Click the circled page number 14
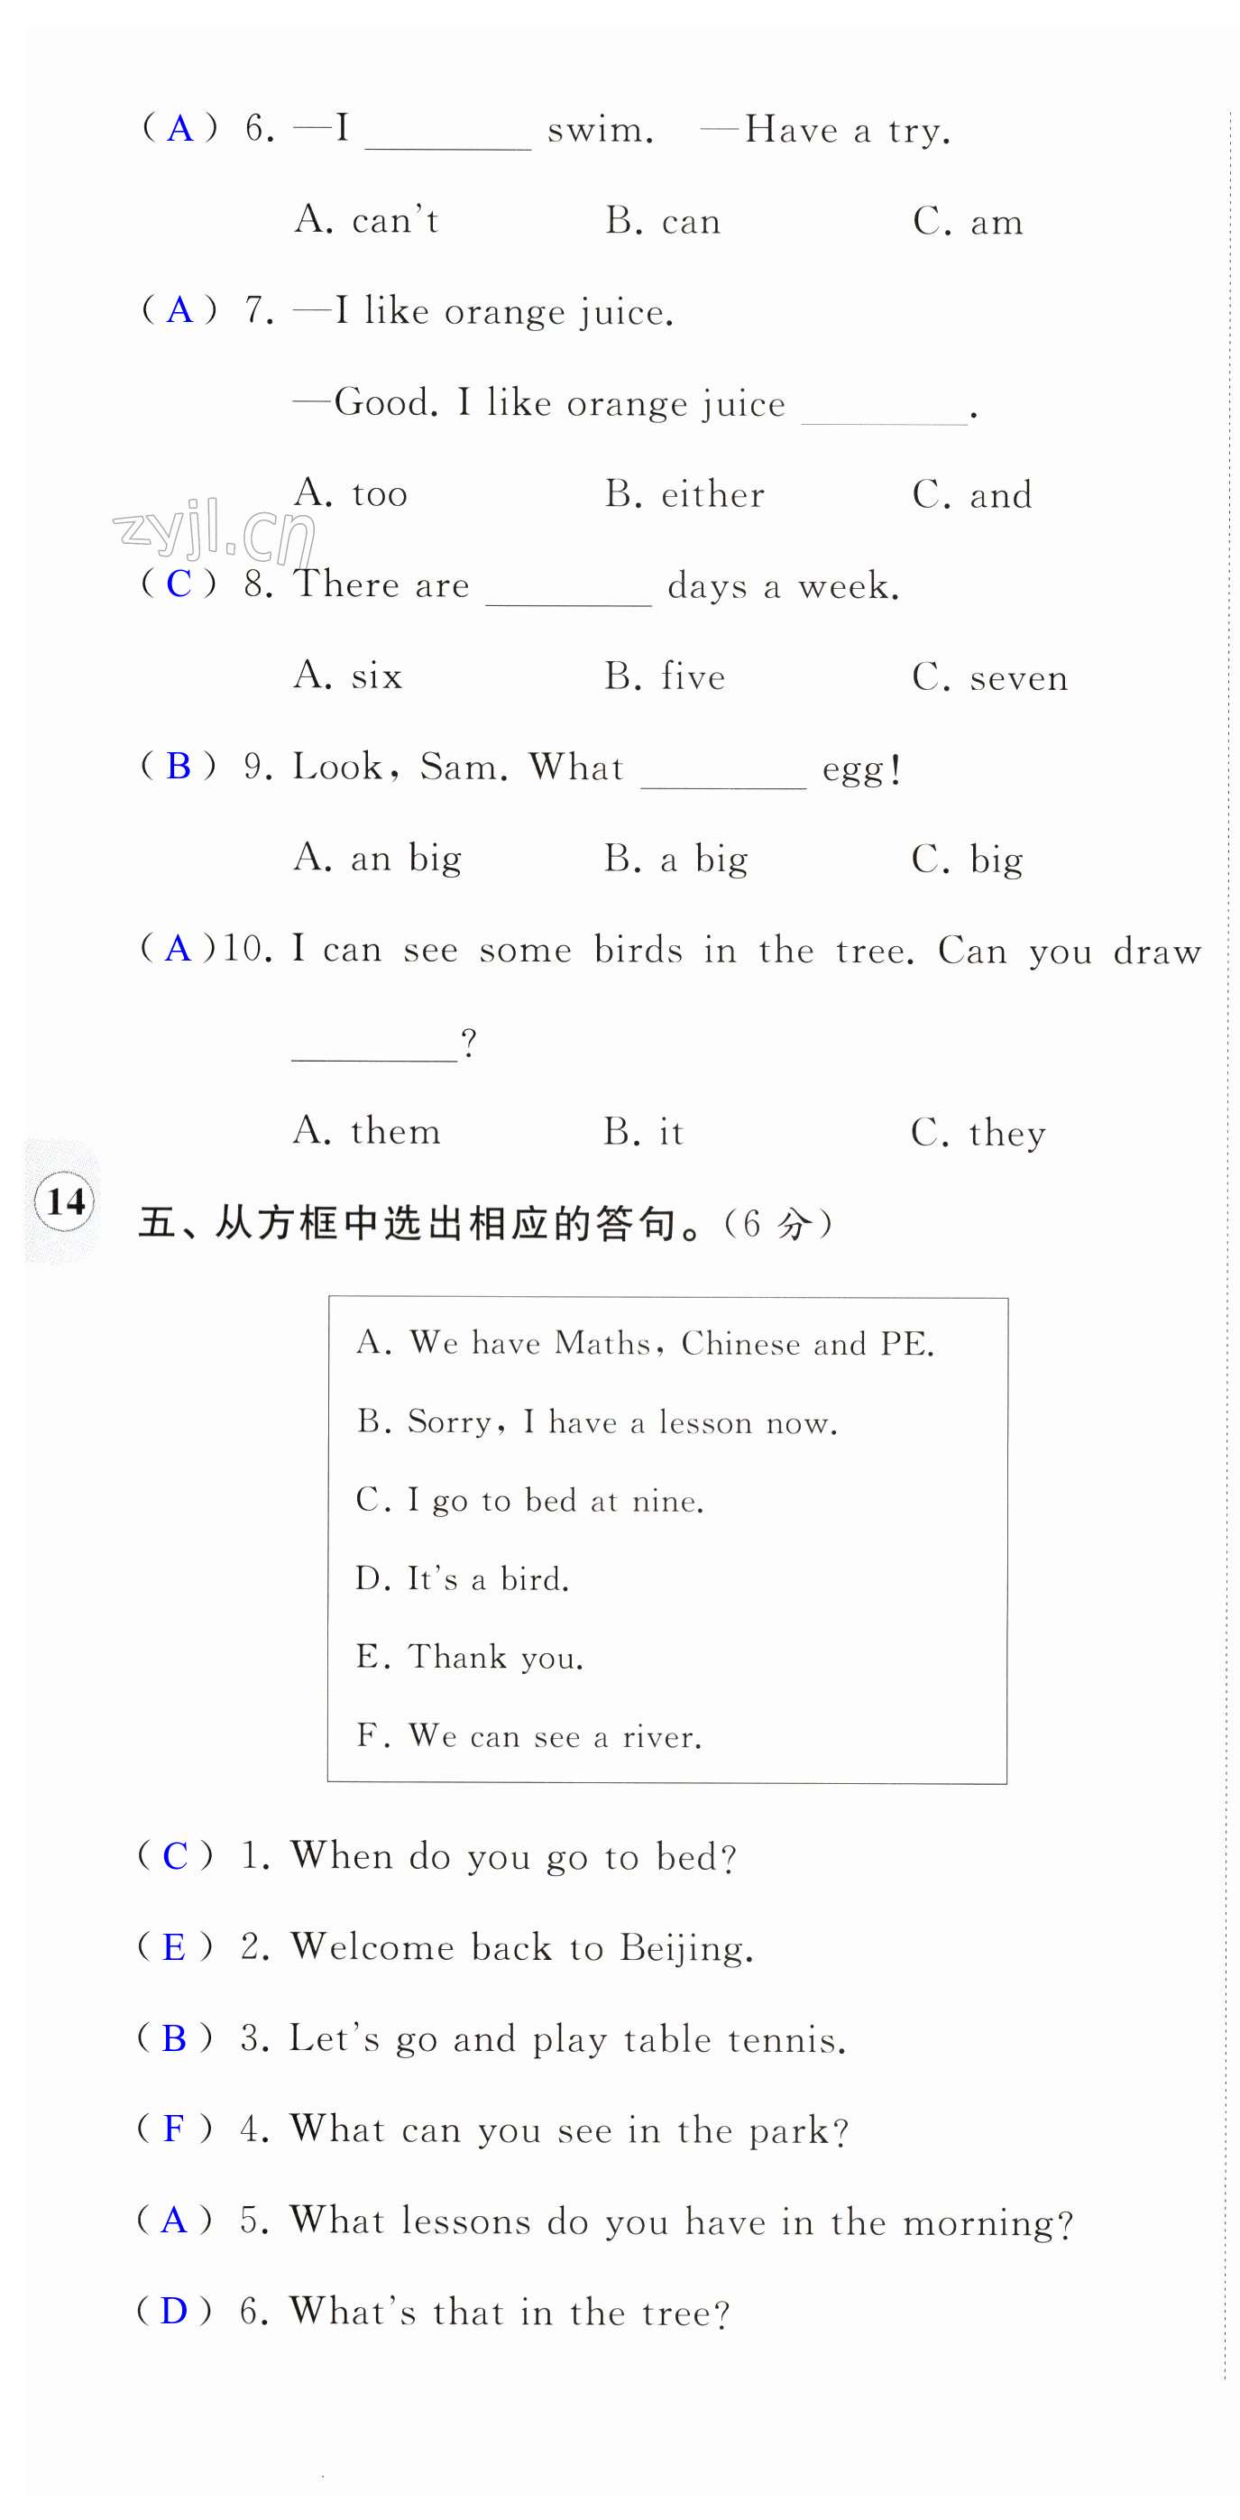click(x=66, y=1200)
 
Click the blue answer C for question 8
click(x=178, y=584)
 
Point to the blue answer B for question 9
click(x=178, y=766)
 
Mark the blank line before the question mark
click(x=374, y=1056)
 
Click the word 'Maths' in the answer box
click(x=602, y=1343)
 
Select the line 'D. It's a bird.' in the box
click(x=462, y=1578)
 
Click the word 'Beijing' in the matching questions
click(x=685, y=1947)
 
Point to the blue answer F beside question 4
click(x=174, y=2129)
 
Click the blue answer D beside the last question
click(x=174, y=2311)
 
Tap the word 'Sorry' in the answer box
click(x=450, y=1421)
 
